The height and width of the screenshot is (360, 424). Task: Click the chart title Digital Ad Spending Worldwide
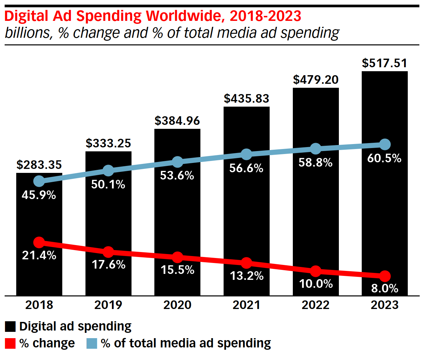point(153,16)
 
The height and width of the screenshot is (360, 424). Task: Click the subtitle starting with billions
point(172,33)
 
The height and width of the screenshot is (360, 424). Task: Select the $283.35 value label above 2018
point(39,165)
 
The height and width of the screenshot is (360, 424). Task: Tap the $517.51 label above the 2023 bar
point(385,63)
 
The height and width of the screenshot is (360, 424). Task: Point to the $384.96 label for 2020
point(177,121)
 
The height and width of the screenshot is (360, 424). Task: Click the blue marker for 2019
point(108,171)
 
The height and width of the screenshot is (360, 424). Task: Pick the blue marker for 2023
point(385,144)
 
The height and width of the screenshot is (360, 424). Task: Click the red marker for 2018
point(39,242)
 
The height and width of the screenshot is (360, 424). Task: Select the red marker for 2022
point(316,271)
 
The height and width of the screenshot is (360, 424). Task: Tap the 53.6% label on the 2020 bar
point(177,175)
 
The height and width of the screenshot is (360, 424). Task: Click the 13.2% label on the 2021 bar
point(246,276)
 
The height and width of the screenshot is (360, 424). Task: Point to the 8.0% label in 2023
point(385,288)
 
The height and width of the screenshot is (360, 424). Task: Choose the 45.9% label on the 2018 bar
point(39,195)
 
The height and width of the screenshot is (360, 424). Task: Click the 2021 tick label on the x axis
point(246,305)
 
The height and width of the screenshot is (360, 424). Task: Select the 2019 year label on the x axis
point(108,305)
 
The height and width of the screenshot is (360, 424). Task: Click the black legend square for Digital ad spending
point(10,327)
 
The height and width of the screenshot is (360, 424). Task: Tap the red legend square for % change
point(10,343)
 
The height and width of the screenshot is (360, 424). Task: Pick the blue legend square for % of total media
point(92,343)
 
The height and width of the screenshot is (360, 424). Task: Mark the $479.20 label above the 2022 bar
point(316,80)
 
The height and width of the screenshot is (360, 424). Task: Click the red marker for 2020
point(178,257)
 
